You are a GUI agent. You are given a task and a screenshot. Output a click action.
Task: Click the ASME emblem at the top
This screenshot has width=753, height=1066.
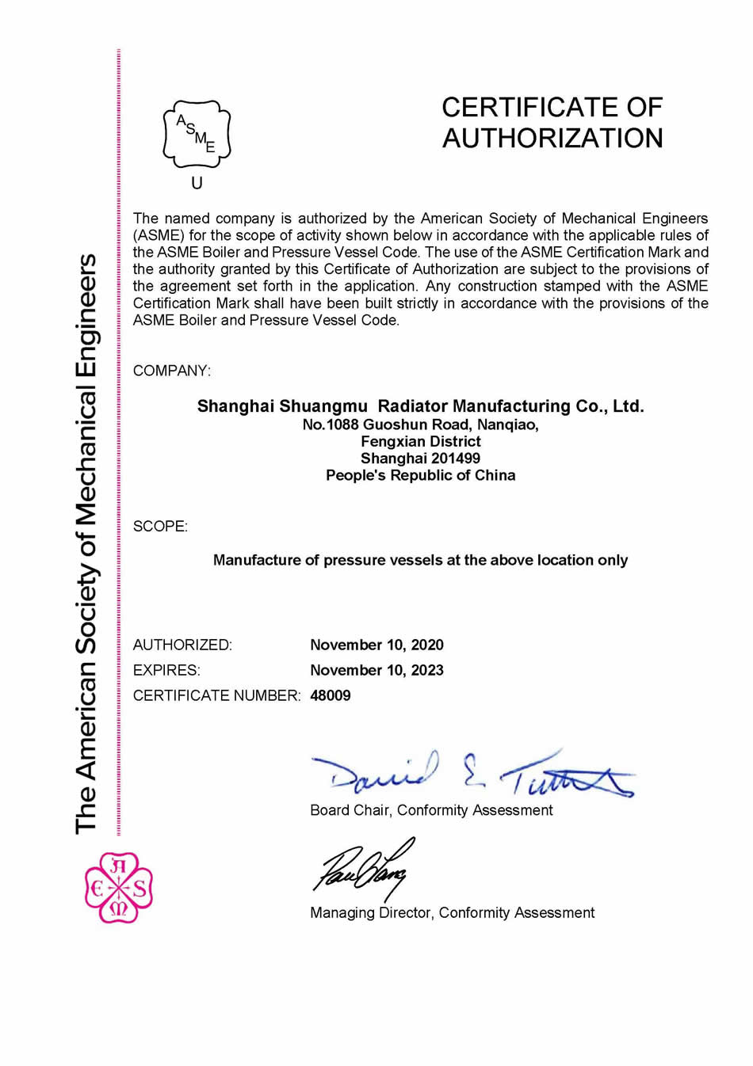pos(197,133)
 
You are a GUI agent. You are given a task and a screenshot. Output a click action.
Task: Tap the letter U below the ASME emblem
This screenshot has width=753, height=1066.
pos(197,183)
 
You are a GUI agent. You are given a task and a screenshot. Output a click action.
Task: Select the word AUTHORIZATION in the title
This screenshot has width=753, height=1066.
pos(552,138)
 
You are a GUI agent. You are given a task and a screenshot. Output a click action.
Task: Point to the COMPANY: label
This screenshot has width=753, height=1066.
pos(171,371)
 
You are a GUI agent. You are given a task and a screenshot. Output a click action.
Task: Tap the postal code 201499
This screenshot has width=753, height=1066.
pos(455,458)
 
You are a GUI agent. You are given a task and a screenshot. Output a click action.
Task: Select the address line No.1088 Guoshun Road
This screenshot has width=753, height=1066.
pos(420,424)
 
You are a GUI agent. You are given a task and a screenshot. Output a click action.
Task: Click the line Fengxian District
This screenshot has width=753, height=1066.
pos(420,441)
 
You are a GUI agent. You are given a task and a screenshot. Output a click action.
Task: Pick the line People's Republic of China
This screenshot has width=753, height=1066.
pos(420,475)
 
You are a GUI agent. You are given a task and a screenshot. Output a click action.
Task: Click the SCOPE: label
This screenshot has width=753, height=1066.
pos(160,527)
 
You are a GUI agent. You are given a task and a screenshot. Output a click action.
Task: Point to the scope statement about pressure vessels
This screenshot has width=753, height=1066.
pos(420,560)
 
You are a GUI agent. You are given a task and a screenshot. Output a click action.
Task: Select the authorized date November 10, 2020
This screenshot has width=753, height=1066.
pos(376,645)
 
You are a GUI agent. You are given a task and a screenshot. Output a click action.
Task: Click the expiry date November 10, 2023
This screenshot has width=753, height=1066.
pos(376,670)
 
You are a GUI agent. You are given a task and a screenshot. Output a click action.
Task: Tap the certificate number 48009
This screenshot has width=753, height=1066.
pos(330,695)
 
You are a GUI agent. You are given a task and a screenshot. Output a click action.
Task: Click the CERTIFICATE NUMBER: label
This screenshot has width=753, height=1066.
pos(216,695)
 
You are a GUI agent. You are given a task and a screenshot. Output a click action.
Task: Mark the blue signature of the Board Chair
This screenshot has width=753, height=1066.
pos(474,772)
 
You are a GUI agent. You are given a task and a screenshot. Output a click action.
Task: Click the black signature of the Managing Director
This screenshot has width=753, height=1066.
pos(363,867)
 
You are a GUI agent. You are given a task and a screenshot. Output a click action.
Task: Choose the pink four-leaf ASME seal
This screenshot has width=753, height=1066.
pos(118,887)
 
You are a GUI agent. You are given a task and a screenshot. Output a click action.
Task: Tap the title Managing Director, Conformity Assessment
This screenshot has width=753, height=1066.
pos(452,912)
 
